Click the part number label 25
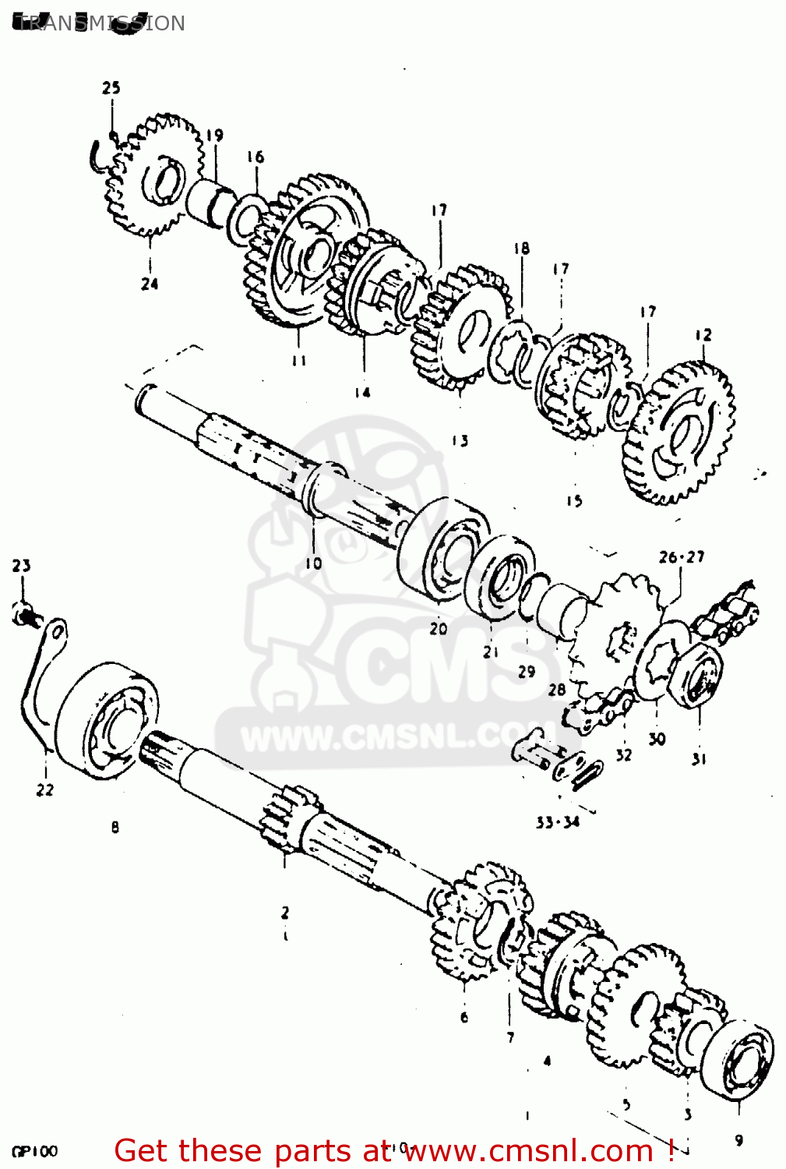[111, 87]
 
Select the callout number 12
[703, 334]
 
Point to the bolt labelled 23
[23, 615]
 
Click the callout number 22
[45, 789]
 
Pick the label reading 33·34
[557, 821]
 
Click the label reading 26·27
[682, 556]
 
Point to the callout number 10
[313, 562]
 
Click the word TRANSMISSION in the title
[100, 23]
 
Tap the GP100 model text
[34, 1151]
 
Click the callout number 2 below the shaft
[285, 912]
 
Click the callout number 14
[362, 392]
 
